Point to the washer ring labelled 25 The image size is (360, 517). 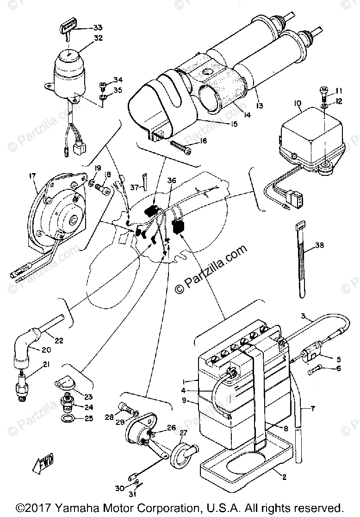point(68,419)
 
